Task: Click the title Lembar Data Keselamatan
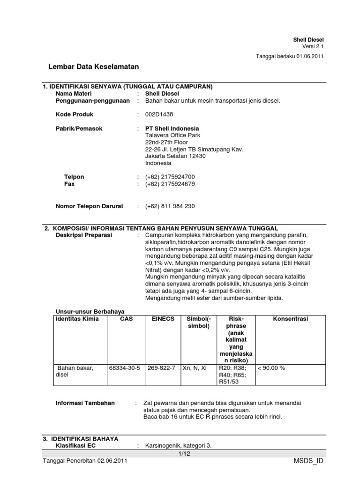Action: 94,67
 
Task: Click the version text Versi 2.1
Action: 313,46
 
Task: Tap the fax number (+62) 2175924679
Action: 170,184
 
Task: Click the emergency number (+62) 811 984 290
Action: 170,206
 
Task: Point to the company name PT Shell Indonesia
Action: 172,128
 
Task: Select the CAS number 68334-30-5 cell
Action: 124,368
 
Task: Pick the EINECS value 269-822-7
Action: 161,368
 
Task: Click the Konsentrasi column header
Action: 290,319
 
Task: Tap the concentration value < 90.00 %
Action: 271,368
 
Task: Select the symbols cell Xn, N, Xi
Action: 194,368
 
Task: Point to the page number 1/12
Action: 183,454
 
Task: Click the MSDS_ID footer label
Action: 307,461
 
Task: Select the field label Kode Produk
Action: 75,114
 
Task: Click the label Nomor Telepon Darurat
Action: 89,206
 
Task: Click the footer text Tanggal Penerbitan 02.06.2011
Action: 85,461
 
